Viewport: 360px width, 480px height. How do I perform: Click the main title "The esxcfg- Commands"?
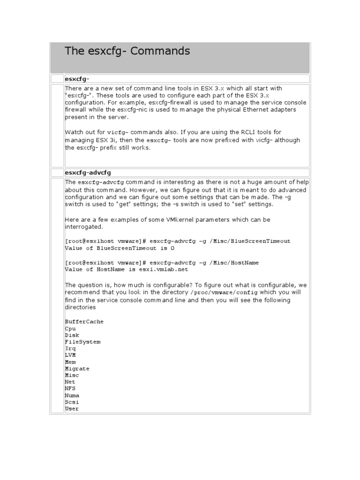127,51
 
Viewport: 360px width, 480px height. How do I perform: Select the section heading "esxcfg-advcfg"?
88,172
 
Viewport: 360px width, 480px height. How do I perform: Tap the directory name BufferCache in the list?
84,322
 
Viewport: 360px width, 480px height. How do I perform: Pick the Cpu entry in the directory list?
70,329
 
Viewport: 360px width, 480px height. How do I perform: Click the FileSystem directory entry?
82,342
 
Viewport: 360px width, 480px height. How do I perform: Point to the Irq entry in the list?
70,349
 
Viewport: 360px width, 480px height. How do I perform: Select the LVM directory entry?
70,355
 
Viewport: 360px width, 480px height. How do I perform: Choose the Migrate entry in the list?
77,368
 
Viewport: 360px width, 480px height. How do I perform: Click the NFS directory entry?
70,389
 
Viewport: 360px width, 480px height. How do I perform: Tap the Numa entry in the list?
72,396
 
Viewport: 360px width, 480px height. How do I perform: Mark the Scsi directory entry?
72,402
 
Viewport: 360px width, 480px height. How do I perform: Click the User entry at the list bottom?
72,409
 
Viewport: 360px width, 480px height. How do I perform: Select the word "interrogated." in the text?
83,226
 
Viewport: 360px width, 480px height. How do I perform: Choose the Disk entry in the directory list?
72,335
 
